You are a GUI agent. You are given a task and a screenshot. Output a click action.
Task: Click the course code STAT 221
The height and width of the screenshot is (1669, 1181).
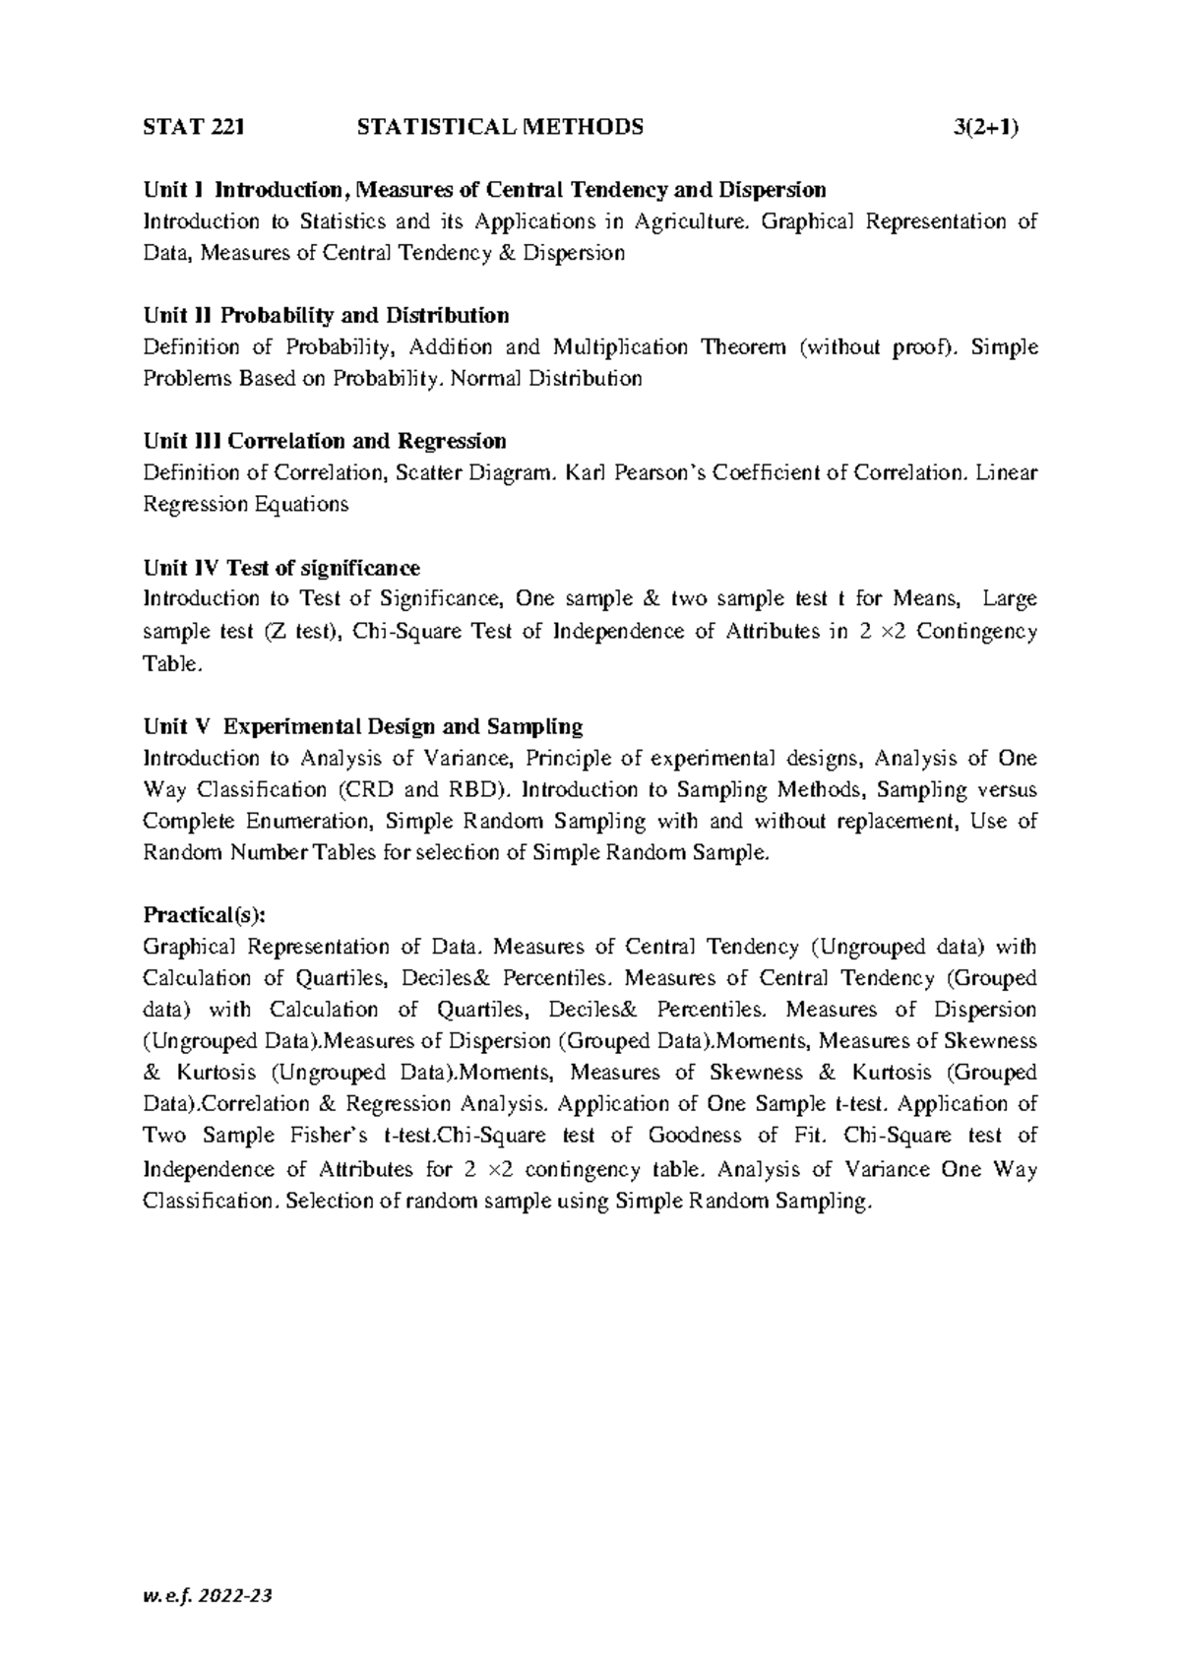193,127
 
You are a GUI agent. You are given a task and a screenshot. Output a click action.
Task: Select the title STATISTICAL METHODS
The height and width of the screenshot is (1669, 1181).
501,127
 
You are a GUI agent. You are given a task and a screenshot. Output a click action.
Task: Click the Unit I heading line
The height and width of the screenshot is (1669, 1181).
484,189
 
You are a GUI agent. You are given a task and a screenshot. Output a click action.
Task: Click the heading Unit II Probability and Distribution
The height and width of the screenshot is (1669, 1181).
326,315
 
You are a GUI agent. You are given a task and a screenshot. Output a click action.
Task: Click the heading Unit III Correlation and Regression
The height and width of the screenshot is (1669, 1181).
325,441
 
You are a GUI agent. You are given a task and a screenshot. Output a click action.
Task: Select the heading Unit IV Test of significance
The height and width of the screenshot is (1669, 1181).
281,568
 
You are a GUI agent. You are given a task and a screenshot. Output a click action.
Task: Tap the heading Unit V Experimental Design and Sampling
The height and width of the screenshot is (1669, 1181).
363,726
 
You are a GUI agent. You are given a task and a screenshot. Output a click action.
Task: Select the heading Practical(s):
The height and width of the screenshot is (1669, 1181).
204,915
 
